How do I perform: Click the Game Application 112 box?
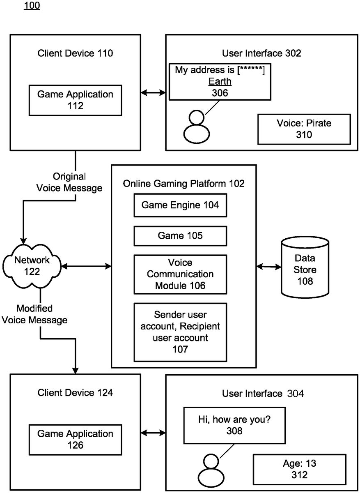point(75,100)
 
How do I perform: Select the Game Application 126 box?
point(75,439)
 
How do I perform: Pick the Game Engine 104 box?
point(180,205)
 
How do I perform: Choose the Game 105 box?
point(180,236)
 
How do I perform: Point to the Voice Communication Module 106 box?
point(180,274)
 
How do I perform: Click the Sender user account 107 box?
point(180,332)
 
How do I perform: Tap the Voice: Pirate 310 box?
point(304,129)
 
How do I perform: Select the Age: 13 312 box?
point(300,469)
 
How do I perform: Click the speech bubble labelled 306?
point(220,81)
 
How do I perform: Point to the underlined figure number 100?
point(32,7)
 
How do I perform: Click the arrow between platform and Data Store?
point(269,267)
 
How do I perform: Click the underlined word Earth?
point(220,81)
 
